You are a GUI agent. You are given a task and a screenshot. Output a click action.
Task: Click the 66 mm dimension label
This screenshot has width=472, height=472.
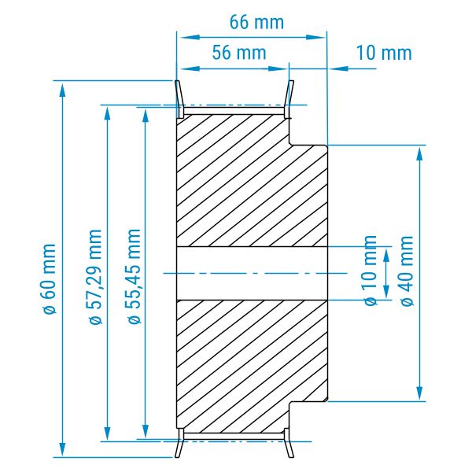[x=256, y=22]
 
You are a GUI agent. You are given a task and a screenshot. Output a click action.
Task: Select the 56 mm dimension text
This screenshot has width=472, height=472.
[x=239, y=53]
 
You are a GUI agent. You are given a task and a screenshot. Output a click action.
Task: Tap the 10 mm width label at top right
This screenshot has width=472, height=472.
[x=384, y=53]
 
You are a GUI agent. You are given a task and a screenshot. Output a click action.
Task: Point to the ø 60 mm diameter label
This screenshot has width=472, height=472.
[x=49, y=278]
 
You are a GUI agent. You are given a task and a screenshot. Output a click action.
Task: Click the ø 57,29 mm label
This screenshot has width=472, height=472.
[x=96, y=276]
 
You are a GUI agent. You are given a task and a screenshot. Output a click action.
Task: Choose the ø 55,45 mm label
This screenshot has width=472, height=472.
[x=135, y=276]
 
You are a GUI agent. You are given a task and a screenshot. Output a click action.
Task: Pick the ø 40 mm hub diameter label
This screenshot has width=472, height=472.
[x=407, y=271]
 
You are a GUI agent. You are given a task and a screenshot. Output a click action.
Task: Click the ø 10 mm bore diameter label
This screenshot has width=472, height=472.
[x=371, y=271]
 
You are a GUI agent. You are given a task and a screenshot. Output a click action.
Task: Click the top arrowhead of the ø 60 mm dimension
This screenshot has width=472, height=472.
[x=62, y=90]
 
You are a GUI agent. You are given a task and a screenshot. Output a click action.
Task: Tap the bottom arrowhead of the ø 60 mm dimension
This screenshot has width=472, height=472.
[x=62, y=448]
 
